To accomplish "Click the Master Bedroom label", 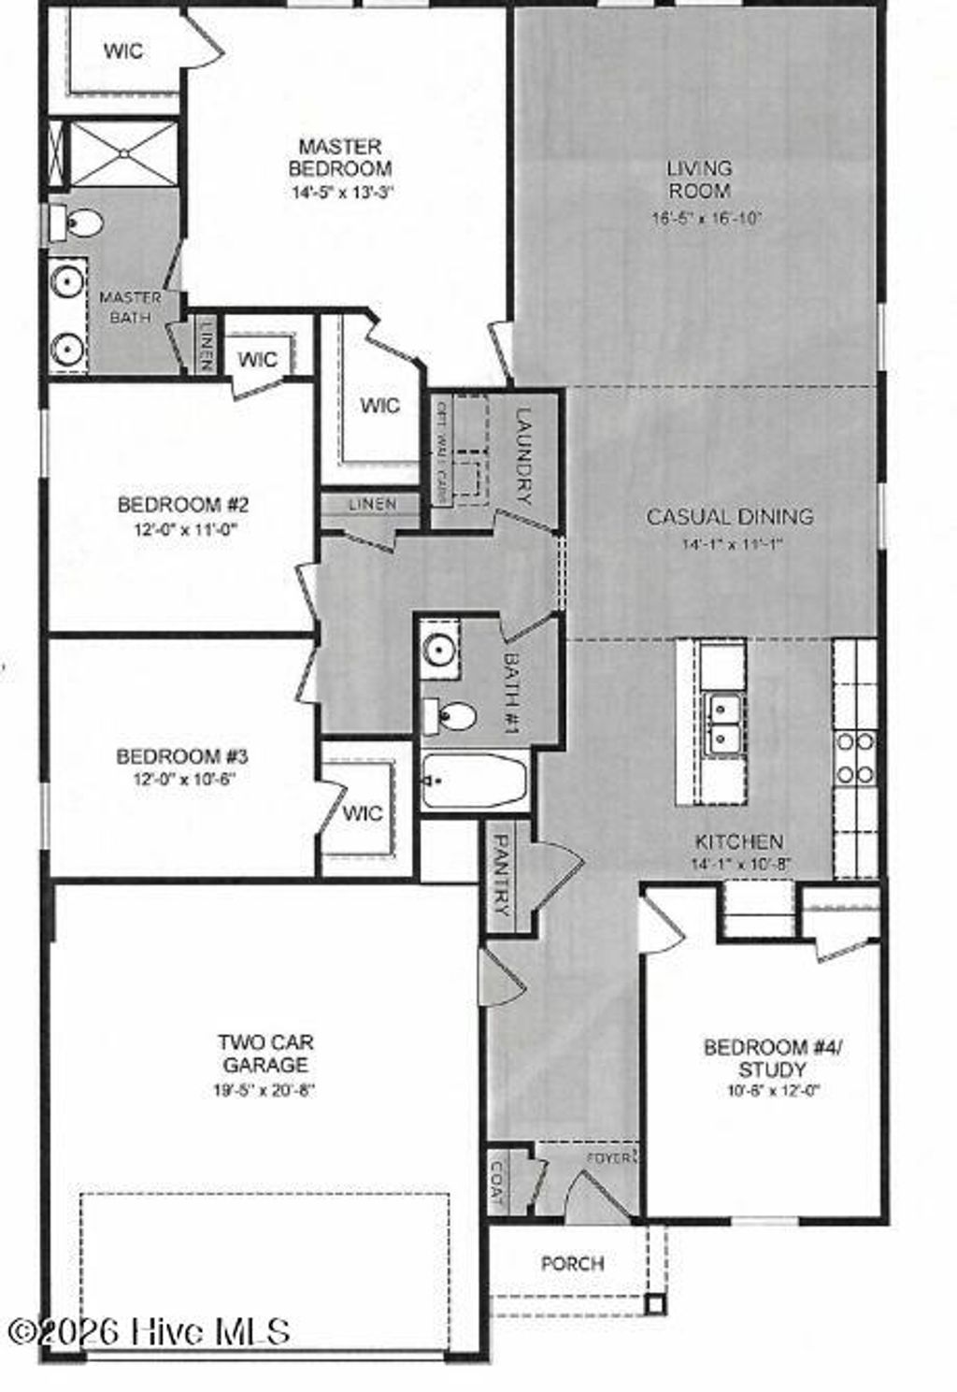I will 339,158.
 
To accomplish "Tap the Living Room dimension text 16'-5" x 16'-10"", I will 707,219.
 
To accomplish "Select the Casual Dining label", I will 729,516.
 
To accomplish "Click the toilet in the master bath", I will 82,223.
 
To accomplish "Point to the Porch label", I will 572,1263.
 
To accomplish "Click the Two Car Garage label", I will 265,1053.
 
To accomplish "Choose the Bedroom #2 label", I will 182,505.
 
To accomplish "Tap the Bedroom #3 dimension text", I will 182,779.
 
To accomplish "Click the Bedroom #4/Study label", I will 773,1058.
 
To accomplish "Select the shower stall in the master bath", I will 123,152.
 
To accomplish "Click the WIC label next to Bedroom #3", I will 362,812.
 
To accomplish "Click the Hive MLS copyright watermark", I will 150,1330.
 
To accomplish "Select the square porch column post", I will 656,1303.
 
